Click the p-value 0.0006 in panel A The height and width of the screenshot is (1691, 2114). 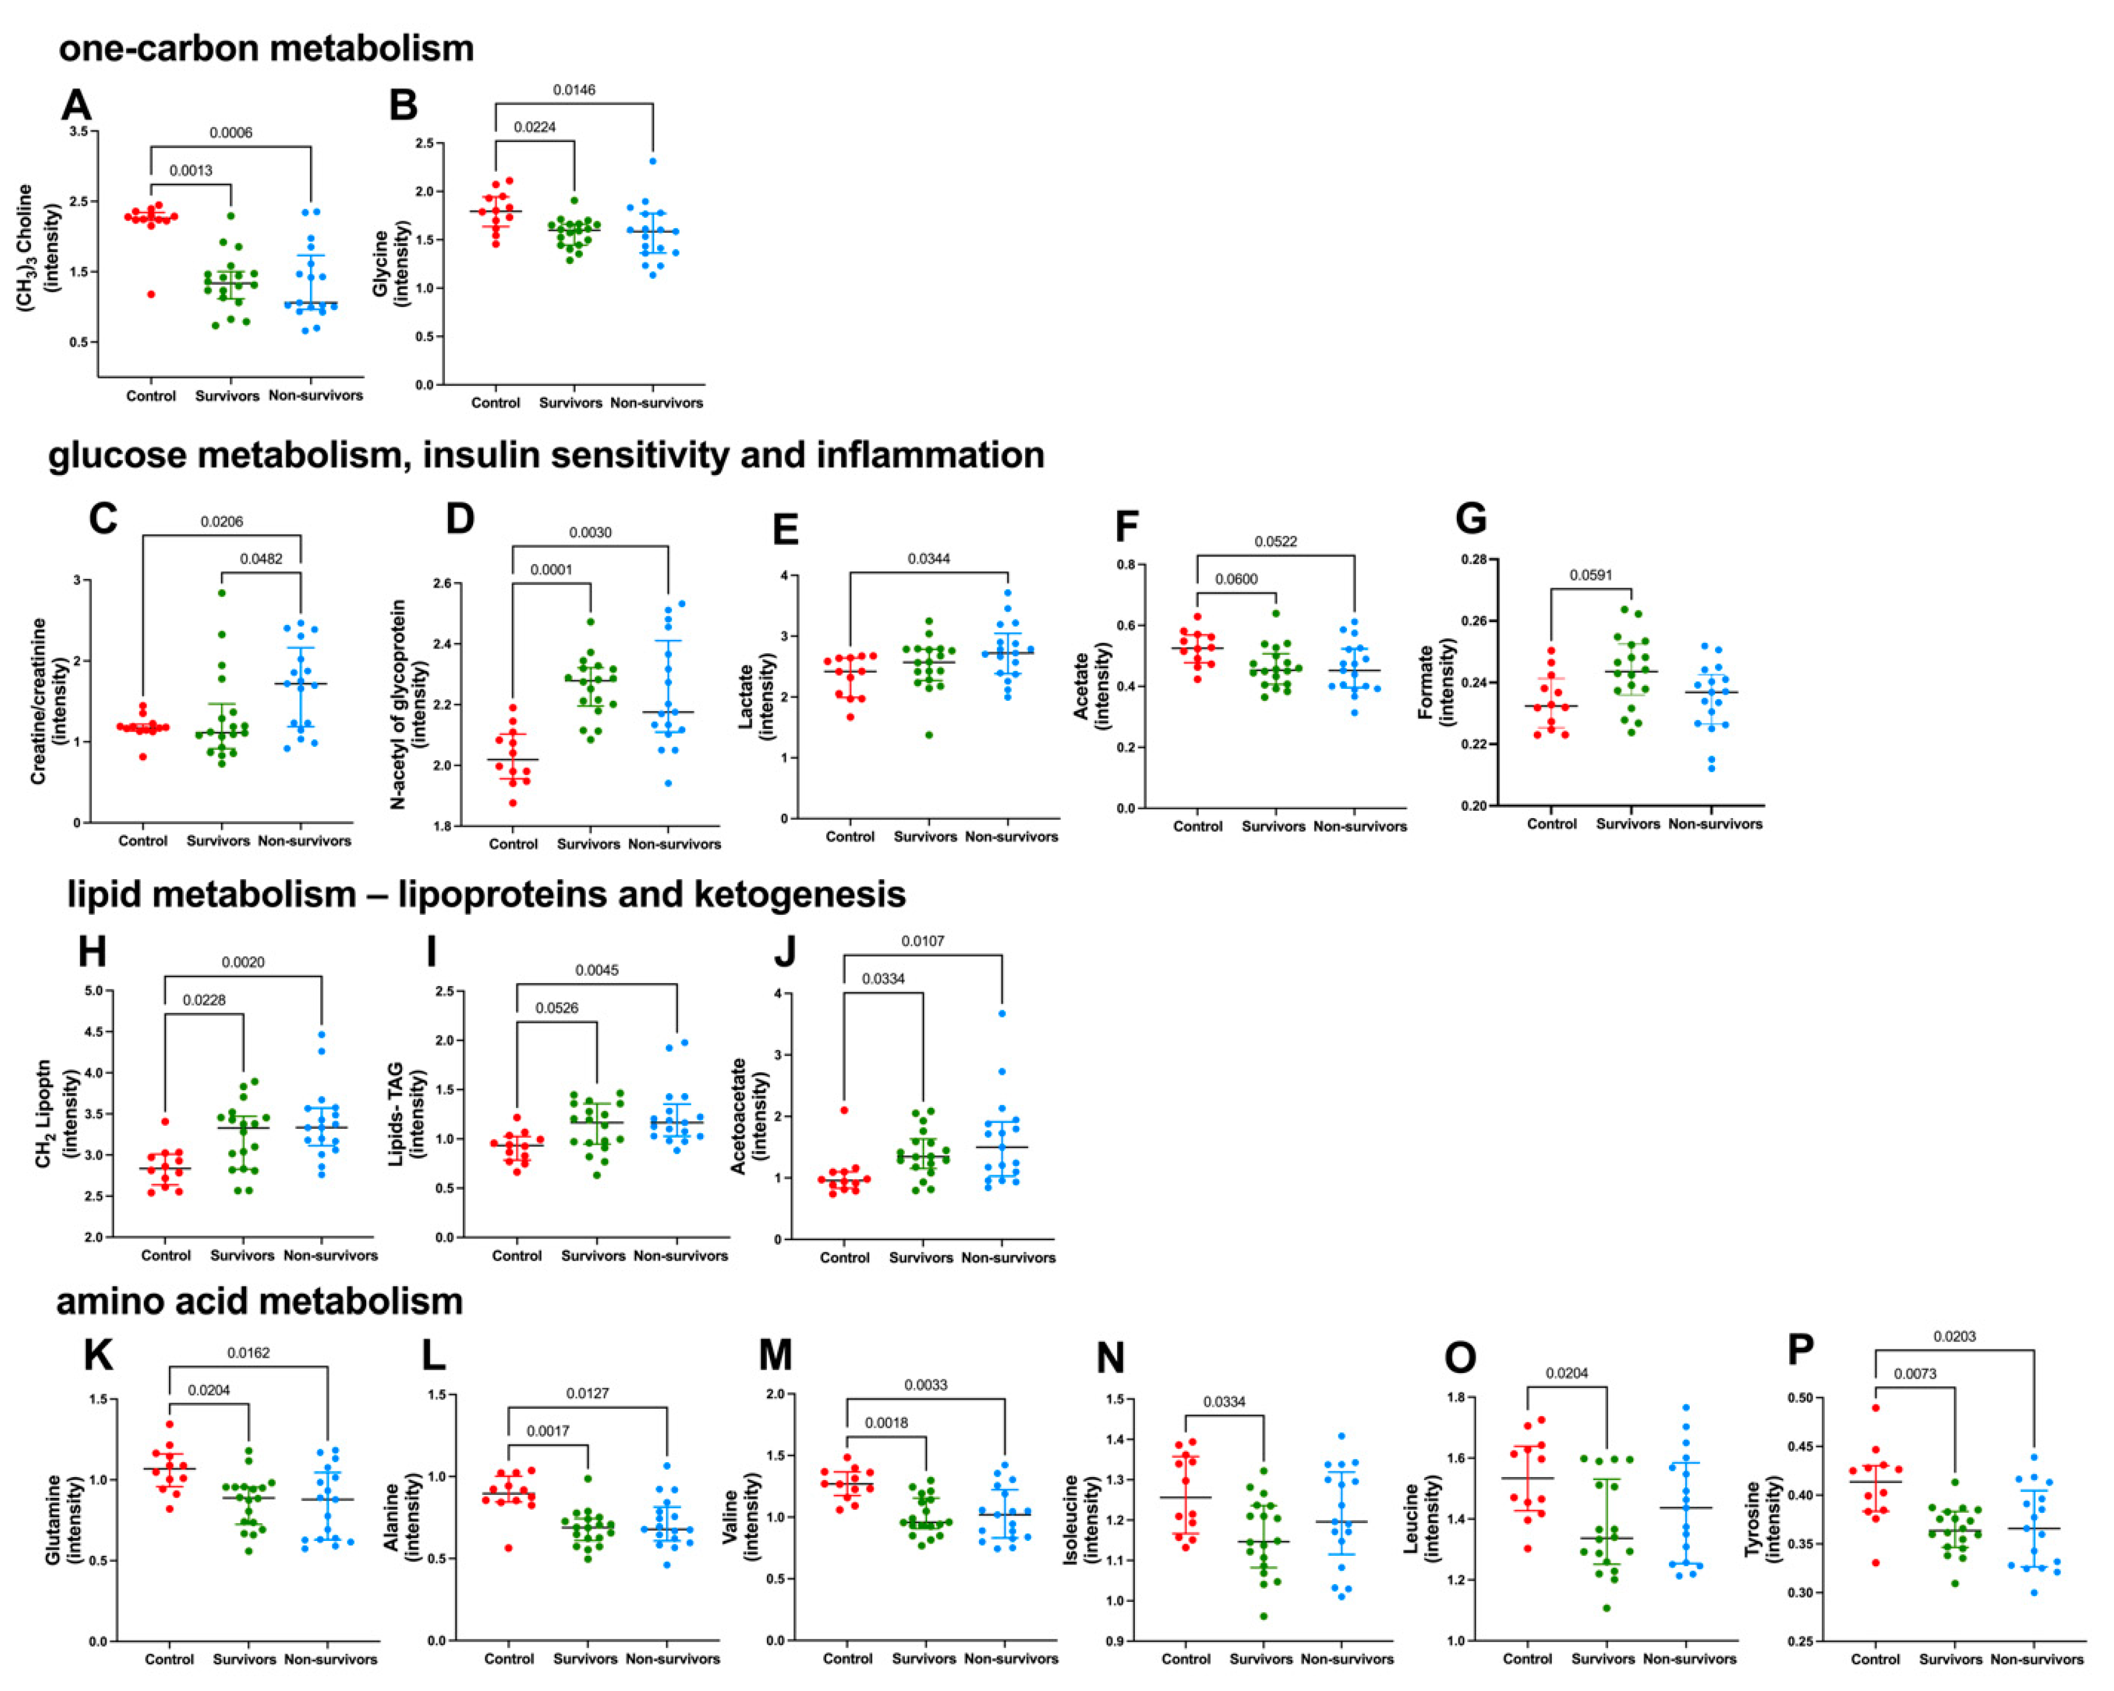pyautogui.click(x=231, y=132)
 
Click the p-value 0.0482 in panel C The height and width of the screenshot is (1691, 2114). pyautogui.click(x=261, y=559)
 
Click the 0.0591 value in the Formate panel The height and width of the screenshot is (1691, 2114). pyautogui.click(x=1590, y=575)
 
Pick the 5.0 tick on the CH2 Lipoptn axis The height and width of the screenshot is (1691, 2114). pyautogui.click(x=94, y=991)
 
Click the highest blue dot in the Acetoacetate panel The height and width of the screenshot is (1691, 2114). pyautogui.click(x=1001, y=1013)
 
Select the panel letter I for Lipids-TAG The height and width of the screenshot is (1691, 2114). pyautogui.click(x=431, y=952)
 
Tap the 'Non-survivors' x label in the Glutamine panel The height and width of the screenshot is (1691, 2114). pyautogui.click(x=331, y=1659)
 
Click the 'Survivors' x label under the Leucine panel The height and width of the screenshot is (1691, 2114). pyautogui.click(x=1603, y=1659)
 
